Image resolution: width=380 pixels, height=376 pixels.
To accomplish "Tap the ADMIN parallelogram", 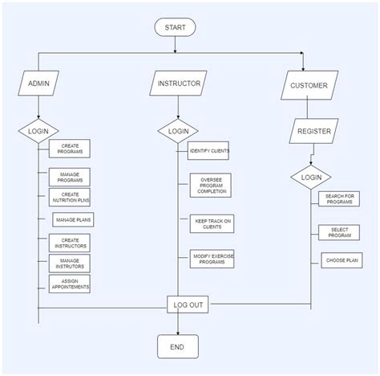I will tap(38, 84).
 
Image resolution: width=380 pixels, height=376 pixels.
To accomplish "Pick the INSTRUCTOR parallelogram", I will tap(178, 83).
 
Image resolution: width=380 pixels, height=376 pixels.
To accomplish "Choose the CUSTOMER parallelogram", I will tap(309, 85).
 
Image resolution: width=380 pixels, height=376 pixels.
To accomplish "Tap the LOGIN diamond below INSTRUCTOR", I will tap(178, 130).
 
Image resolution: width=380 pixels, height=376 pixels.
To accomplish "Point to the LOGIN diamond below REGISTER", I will tap(310, 177).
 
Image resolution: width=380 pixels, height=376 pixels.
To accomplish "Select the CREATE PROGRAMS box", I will tap(69, 149).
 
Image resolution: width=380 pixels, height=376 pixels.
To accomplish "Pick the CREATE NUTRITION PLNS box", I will tap(69, 198).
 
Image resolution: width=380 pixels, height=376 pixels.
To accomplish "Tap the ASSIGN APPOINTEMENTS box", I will tap(69, 284).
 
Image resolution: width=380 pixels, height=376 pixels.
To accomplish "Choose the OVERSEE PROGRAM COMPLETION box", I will tap(212, 185).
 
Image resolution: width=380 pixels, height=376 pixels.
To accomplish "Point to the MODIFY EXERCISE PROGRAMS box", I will tap(212, 258).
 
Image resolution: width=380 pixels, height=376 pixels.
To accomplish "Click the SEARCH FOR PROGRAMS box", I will tap(339, 198).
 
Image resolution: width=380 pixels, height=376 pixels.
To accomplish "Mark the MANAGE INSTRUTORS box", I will tap(69, 263).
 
